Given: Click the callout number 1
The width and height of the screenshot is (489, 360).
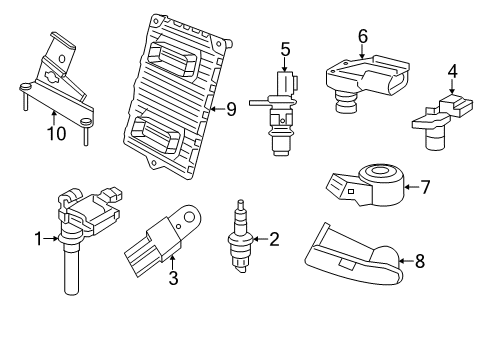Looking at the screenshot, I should (39, 238).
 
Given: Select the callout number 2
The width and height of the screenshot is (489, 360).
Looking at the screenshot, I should (272, 238).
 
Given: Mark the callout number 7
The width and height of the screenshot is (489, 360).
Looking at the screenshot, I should (426, 186).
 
